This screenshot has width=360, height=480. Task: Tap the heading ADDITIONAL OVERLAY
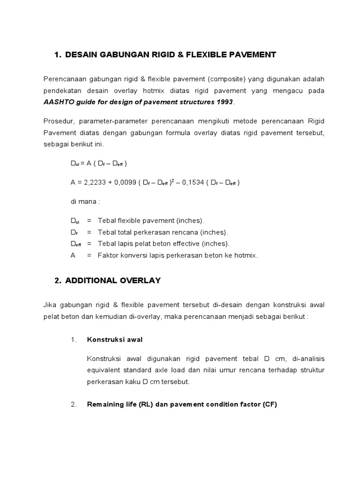point(113,280)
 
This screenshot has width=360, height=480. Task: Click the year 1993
point(224,102)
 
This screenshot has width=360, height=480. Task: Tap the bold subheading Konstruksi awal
point(115,340)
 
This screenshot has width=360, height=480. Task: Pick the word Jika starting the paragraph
point(50,305)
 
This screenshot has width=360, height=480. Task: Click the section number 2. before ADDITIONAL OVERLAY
point(58,280)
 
